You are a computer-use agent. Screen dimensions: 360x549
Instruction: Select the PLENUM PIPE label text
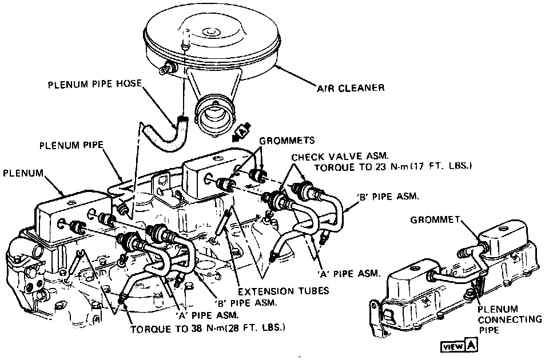[71, 146]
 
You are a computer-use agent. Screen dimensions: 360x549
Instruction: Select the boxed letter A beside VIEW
[471, 346]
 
